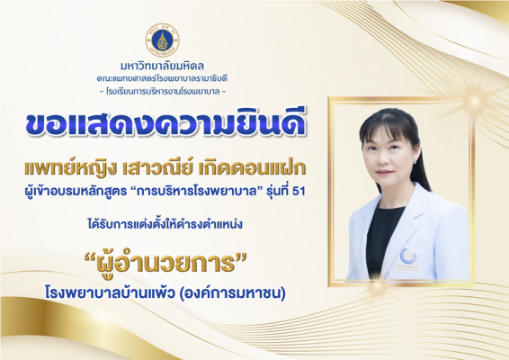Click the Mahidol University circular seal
click(162, 40)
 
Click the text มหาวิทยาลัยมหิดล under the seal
click(162, 67)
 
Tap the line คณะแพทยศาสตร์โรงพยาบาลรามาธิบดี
click(162, 79)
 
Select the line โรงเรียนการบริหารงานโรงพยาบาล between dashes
click(162, 92)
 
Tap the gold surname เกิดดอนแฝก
click(253, 167)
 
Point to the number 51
click(299, 192)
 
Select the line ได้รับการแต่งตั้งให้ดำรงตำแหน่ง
click(165, 224)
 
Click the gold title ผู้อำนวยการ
click(165, 262)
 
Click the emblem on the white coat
click(408, 256)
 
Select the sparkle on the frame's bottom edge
click(378, 286)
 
